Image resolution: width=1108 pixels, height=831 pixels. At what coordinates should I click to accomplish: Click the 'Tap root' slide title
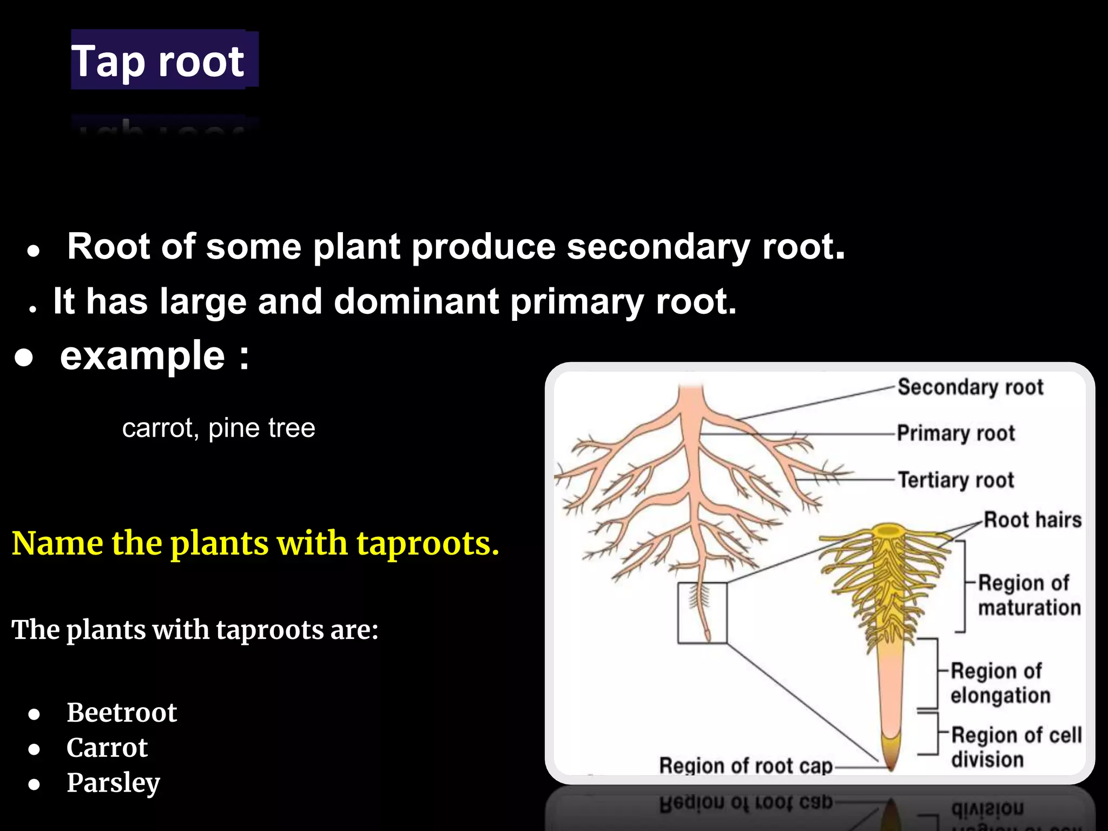click(x=158, y=61)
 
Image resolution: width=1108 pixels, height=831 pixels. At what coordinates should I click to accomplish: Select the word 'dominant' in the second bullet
click(x=416, y=301)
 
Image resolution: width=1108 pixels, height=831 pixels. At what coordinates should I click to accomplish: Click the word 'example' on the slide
click(x=142, y=356)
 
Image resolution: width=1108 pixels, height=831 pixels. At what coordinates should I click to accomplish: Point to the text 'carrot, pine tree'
click(x=219, y=428)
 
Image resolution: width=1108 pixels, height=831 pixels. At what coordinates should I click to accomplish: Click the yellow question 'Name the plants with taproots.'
click(x=255, y=543)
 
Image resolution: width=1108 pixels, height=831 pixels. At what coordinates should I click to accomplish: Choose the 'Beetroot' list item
click(x=122, y=712)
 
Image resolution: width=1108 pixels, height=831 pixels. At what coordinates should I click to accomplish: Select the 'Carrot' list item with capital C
click(x=107, y=747)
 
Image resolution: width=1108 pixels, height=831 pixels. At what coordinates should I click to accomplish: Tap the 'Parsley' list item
click(x=113, y=782)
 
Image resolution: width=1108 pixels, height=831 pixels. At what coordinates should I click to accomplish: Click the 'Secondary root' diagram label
click(x=970, y=387)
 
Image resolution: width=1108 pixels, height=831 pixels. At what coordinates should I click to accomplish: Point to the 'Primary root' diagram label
click(x=955, y=433)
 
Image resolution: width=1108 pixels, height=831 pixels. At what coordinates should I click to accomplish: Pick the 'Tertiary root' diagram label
click(x=955, y=480)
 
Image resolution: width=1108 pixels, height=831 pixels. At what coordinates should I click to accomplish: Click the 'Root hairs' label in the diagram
click(x=1032, y=519)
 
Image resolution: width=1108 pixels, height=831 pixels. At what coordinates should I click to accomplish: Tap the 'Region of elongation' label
click(x=1000, y=683)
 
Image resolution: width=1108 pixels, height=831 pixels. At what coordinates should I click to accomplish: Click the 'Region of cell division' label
click(x=1015, y=747)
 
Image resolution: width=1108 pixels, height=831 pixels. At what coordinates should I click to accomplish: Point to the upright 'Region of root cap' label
click(x=746, y=766)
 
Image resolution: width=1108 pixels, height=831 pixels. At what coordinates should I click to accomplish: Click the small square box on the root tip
click(x=702, y=612)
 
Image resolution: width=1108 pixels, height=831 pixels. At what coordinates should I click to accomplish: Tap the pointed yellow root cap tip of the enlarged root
click(x=891, y=757)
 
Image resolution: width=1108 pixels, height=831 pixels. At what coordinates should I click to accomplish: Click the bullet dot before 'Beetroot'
click(x=35, y=714)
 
